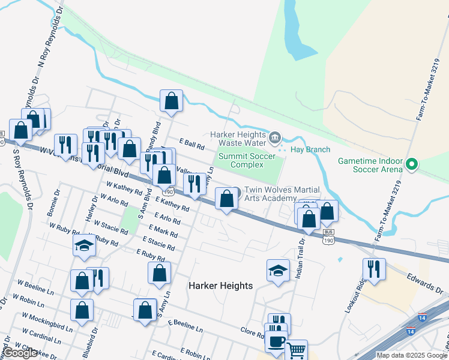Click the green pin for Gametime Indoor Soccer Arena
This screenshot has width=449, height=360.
tap(412, 164)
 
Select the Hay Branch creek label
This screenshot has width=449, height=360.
tap(307, 149)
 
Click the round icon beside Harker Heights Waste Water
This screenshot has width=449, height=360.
tap(275, 139)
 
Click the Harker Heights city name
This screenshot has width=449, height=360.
tap(220, 286)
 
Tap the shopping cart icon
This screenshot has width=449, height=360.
tap(295, 350)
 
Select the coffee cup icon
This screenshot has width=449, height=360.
tap(276, 342)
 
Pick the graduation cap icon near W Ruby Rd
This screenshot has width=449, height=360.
tap(84, 245)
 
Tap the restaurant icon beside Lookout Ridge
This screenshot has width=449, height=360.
tap(374, 268)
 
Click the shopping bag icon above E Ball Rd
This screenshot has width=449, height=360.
tap(171, 101)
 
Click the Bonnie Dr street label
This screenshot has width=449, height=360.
tap(53, 204)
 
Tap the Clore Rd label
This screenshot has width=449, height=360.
tap(252, 332)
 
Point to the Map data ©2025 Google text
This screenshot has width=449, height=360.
tap(411, 355)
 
